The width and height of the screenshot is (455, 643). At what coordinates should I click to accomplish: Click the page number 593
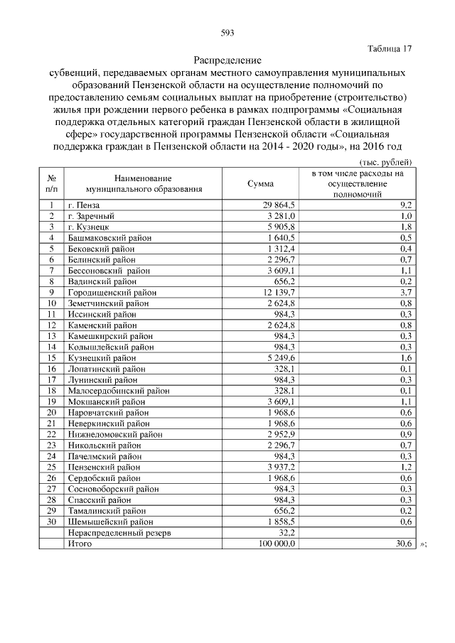(227, 33)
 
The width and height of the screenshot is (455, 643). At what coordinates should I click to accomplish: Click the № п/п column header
(52, 183)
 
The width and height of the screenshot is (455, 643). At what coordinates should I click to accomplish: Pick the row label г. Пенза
(86, 205)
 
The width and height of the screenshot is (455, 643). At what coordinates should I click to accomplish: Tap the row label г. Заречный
(91, 215)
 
